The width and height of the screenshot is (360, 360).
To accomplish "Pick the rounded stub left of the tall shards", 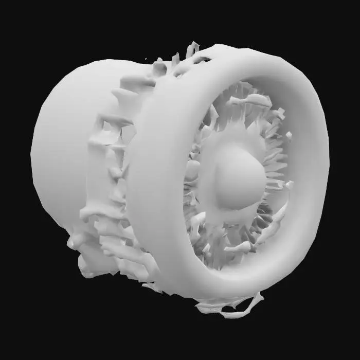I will point(159,67).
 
